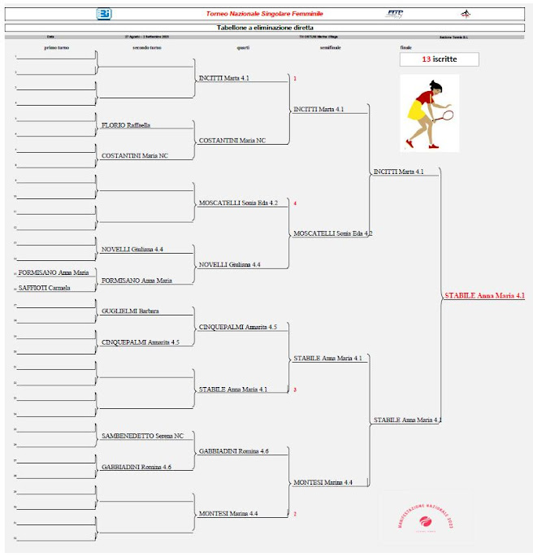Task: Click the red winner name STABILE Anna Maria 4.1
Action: point(484,296)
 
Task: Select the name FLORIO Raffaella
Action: point(126,125)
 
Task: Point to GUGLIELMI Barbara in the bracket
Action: point(130,311)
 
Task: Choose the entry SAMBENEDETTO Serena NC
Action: point(142,437)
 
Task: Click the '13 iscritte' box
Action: point(439,59)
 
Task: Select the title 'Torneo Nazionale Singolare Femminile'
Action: point(264,14)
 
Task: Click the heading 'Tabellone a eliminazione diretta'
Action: point(266,28)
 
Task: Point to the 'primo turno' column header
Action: point(57,48)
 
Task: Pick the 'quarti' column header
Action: point(243,48)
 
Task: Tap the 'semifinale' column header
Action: point(330,48)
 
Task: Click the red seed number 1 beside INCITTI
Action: point(295,79)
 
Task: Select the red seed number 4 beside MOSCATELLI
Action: point(295,203)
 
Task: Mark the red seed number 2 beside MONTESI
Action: point(295,514)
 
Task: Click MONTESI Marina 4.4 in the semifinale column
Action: point(323,483)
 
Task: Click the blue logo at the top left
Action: point(104,14)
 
